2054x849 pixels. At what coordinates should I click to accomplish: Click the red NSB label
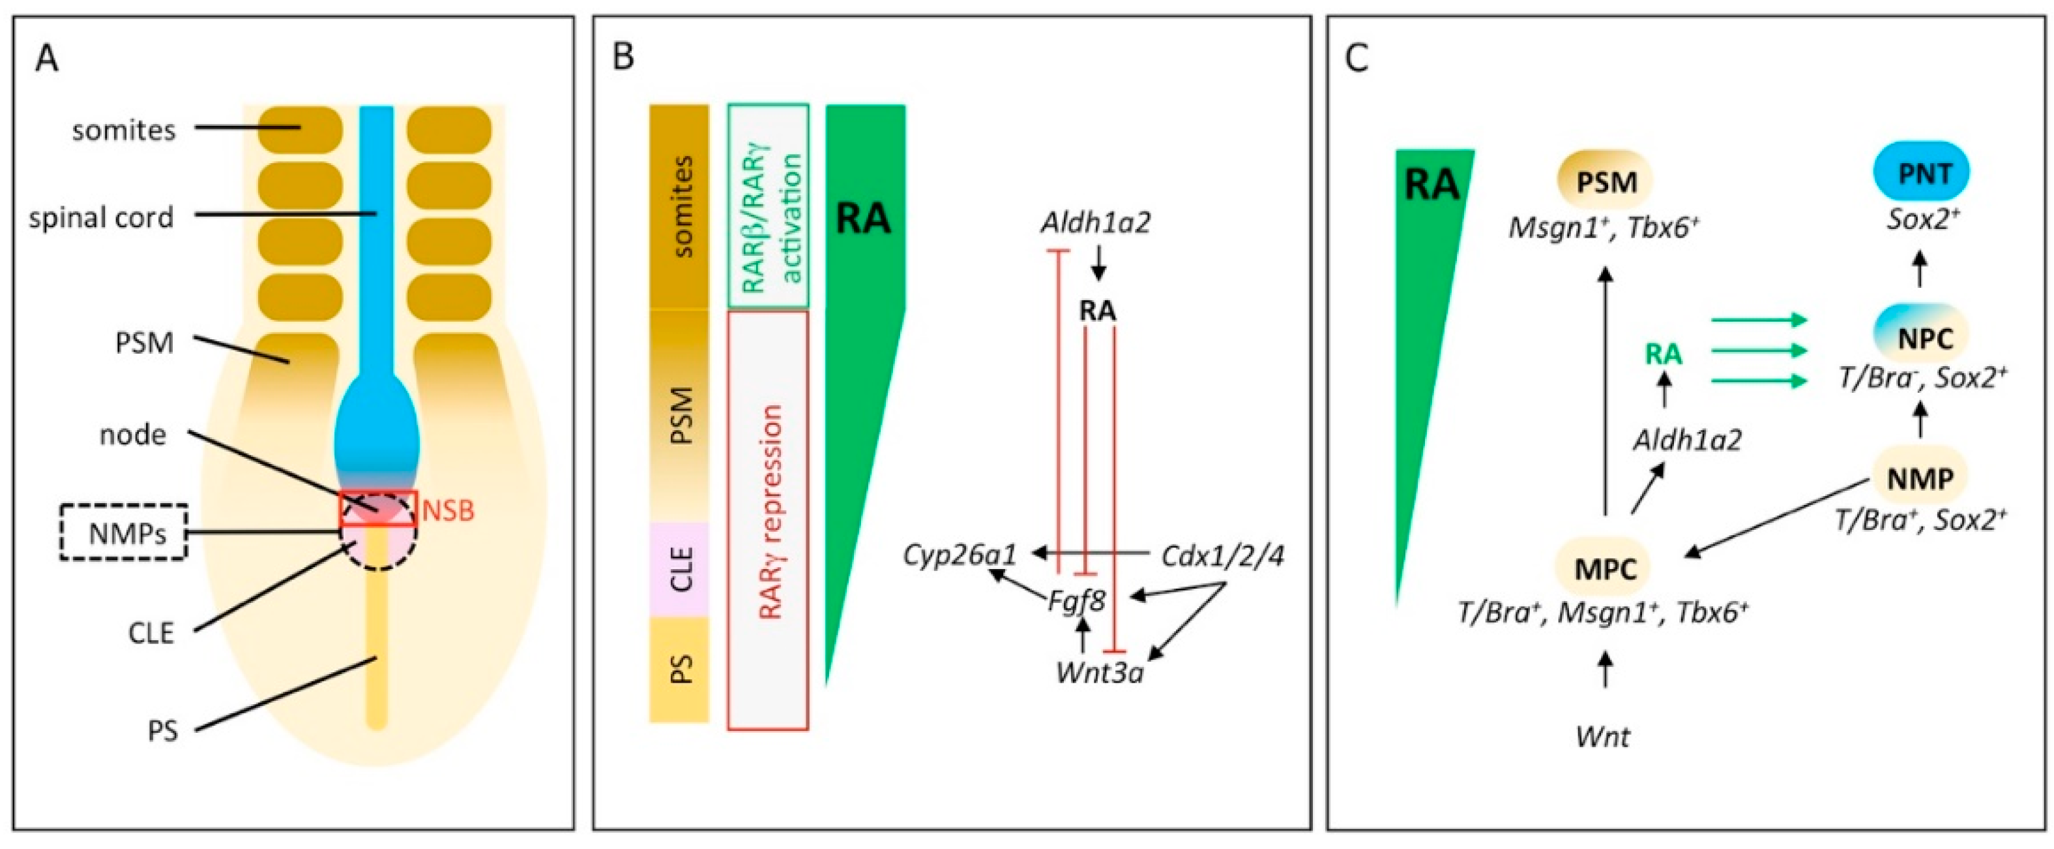tap(447, 510)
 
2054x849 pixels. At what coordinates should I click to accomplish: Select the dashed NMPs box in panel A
tap(125, 531)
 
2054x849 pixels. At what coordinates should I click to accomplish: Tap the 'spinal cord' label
tap(101, 218)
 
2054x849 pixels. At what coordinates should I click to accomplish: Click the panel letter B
tap(623, 57)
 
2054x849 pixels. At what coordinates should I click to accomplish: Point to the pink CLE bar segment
tap(679, 569)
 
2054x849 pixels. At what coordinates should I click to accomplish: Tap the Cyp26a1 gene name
tap(960, 554)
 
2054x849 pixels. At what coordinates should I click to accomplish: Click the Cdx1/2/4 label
tap(1222, 555)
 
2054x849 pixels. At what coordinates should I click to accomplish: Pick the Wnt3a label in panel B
tap(1100, 673)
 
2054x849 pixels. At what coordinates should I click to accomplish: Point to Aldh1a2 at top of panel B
tap(1096, 223)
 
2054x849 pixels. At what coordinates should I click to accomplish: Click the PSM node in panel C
tap(1607, 181)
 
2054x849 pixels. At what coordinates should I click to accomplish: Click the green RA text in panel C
tap(1664, 354)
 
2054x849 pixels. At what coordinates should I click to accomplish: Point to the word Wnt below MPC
tap(1603, 735)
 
